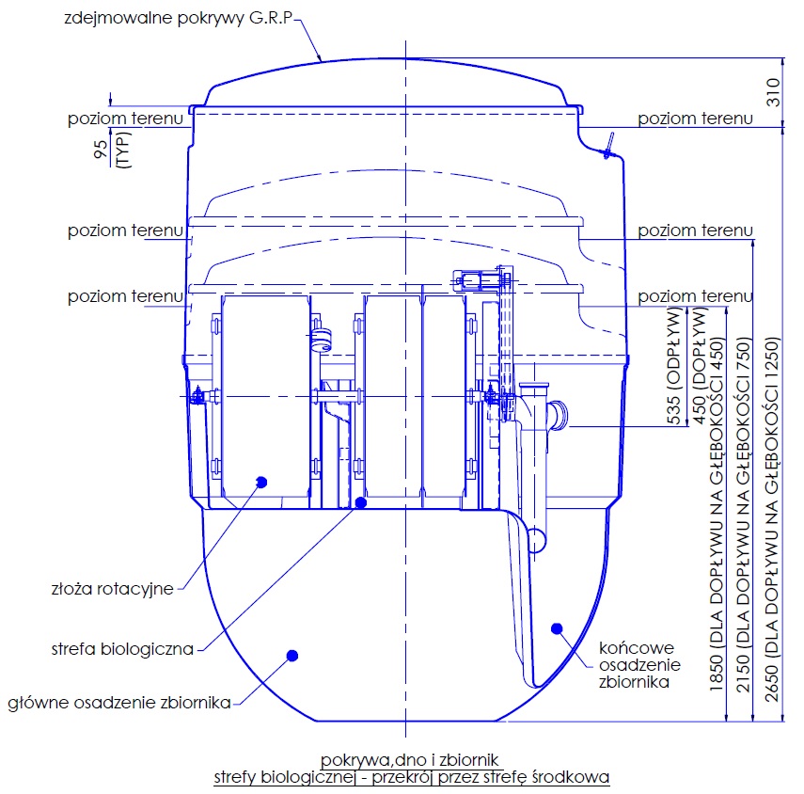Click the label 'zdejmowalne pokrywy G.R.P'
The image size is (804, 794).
coord(179,18)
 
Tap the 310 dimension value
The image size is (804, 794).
coord(773,92)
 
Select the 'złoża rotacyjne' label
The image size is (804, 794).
coord(112,589)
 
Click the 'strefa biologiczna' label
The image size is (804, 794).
coord(122,649)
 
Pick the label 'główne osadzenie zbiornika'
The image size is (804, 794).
coord(119,702)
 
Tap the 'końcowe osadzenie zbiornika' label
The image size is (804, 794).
coord(639,665)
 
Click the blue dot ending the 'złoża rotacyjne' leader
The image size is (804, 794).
coord(261,482)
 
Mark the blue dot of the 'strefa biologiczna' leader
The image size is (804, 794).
coord(361,502)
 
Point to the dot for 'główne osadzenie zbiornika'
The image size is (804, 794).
coord(292,656)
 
